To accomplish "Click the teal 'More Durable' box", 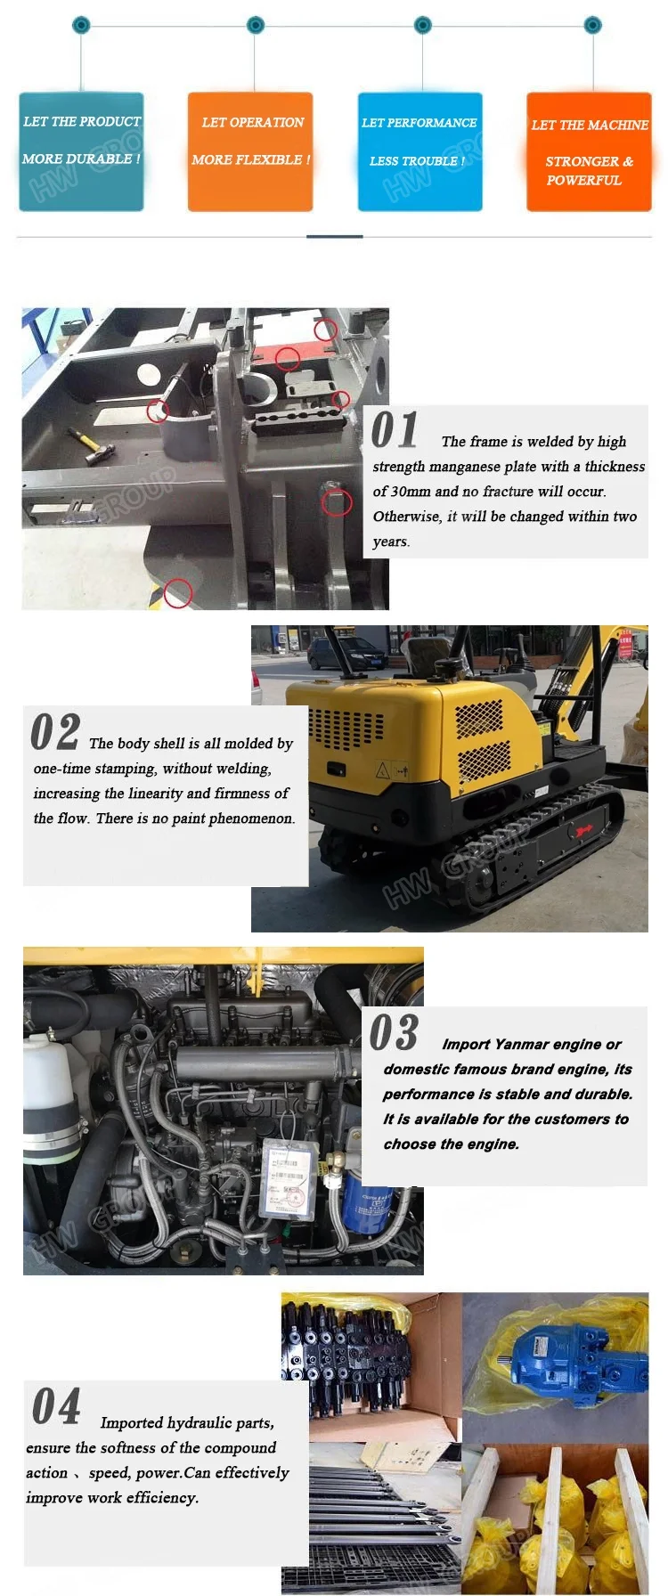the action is pyautogui.click(x=81, y=151).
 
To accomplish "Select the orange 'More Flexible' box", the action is pyautogui.click(x=250, y=151).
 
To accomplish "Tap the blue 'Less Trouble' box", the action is pyautogui.click(x=420, y=151).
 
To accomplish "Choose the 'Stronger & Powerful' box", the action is pyautogui.click(x=589, y=151).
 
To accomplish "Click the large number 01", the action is pyautogui.click(x=395, y=430).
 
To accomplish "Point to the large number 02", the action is pyautogui.click(x=55, y=732).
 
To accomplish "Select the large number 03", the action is pyautogui.click(x=394, y=1032).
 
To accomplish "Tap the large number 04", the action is pyautogui.click(x=56, y=1406).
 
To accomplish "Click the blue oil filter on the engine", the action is pyautogui.click(x=368, y=1202).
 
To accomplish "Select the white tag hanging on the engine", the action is pyautogui.click(x=289, y=1177).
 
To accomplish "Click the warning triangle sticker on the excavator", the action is pyautogui.click(x=383, y=769).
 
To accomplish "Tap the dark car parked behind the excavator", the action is pyautogui.click(x=346, y=655).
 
